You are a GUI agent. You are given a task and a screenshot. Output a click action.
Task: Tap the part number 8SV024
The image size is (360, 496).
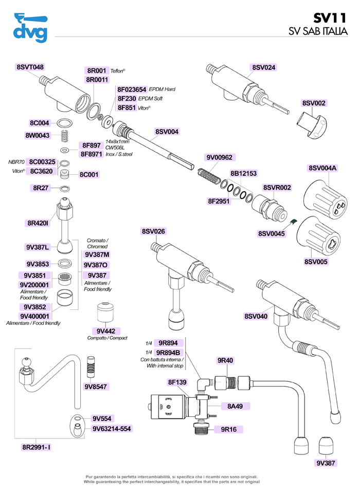264,67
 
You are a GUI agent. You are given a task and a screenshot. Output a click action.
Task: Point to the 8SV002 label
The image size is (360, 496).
314,103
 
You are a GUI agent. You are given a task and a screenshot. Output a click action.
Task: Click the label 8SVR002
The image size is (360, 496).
277,188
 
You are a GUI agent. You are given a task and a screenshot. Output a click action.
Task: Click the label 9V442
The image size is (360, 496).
105,330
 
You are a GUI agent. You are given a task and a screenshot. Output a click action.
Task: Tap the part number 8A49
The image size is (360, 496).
235,406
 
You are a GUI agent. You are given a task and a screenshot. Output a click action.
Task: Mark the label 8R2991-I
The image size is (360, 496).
36,448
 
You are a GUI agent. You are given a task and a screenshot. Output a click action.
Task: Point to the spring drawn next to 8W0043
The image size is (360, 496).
65,136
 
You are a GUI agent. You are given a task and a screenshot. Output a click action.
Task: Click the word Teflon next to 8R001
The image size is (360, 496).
118,71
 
